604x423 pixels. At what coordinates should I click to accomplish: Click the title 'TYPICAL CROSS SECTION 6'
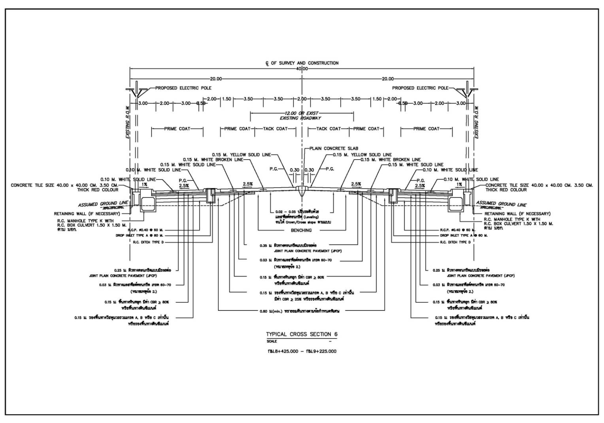tap(302, 334)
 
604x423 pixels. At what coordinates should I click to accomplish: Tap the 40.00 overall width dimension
tap(302, 69)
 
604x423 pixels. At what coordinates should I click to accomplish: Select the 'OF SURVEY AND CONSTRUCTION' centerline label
tap(304, 63)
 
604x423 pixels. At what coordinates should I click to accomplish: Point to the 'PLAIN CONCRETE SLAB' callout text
tap(334, 149)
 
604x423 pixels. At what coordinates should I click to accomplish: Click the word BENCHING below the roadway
tap(301, 230)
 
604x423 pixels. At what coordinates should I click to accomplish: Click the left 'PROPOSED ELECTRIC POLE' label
tap(183, 88)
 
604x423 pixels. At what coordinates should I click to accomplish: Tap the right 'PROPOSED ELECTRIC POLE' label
tap(420, 88)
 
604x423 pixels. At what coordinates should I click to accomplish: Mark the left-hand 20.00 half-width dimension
tap(216, 79)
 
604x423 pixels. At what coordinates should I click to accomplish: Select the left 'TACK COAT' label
tap(276, 129)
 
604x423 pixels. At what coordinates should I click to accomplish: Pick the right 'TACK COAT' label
tap(328, 129)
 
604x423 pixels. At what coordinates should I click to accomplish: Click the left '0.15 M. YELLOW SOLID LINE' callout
tap(242, 155)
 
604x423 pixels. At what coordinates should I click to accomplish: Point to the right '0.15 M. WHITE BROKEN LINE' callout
tap(391, 160)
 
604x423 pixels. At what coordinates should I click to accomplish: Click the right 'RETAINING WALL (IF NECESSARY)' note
tap(517, 214)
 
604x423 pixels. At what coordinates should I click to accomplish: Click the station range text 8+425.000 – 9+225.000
tap(302, 351)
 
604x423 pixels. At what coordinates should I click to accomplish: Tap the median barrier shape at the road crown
tap(302, 192)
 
